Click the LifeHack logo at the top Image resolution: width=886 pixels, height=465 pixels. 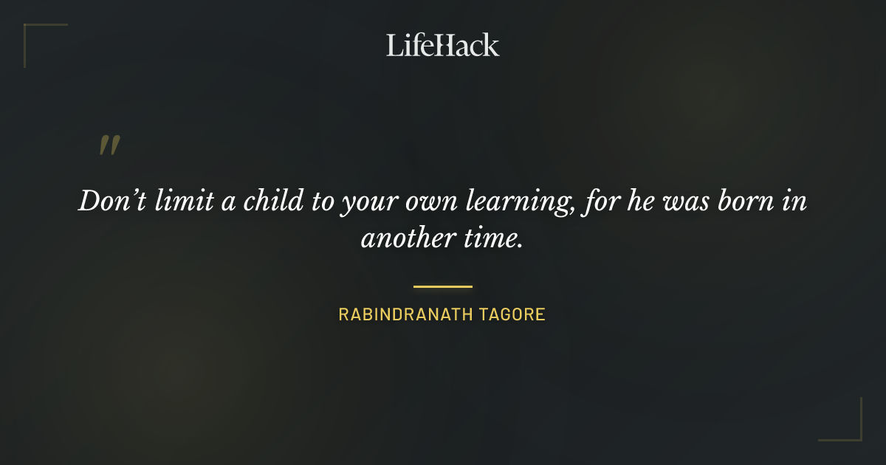(x=443, y=45)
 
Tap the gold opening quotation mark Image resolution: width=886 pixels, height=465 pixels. (x=109, y=145)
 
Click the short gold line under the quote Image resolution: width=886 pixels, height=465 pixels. (x=443, y=286)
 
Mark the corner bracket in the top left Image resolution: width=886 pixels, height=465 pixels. (x=30, y=30)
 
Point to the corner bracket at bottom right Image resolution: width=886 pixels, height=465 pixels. (x=856, y=435)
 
